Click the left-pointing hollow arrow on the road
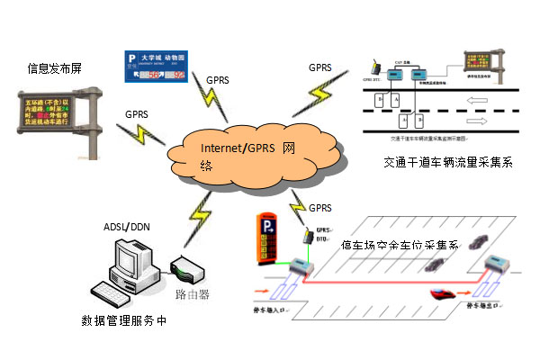480,99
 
